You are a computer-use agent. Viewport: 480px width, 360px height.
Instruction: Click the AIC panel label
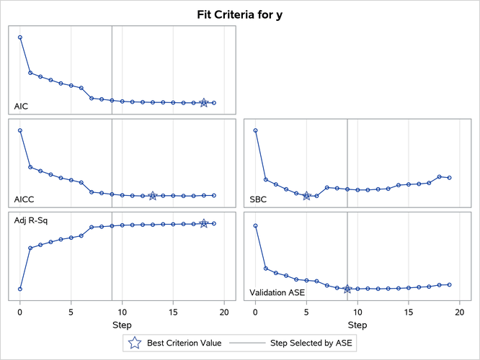coord(22,107)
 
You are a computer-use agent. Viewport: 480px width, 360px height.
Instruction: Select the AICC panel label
coord(25,199)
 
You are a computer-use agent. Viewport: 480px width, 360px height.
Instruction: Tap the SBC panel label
coord(258,199)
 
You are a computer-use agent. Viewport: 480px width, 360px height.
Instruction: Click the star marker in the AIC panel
coord(204,103)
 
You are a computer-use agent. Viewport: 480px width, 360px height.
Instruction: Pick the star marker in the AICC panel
coord(153,196)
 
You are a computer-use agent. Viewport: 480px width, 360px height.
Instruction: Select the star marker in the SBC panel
coord(306,196)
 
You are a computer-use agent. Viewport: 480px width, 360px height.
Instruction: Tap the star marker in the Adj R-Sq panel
coord(204,224)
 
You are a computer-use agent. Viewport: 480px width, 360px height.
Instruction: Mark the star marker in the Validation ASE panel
coord(347,289)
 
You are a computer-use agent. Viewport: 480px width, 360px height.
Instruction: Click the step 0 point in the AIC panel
coord(20,37)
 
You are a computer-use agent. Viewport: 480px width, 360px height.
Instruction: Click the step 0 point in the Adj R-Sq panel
coord(20,289)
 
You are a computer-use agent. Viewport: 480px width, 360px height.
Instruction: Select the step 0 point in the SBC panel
coord(255,130)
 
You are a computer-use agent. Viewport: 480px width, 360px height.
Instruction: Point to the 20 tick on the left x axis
coord(224,312)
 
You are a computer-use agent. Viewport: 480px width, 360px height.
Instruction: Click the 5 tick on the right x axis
coord(306,312)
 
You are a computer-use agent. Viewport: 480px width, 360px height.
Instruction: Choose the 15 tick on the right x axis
coord(409,312)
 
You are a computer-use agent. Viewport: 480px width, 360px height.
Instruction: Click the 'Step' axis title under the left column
coord(122,325)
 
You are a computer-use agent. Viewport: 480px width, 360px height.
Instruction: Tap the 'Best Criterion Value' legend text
coord(184,343)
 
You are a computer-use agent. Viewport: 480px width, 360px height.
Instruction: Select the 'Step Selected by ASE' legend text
coord(313,343)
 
